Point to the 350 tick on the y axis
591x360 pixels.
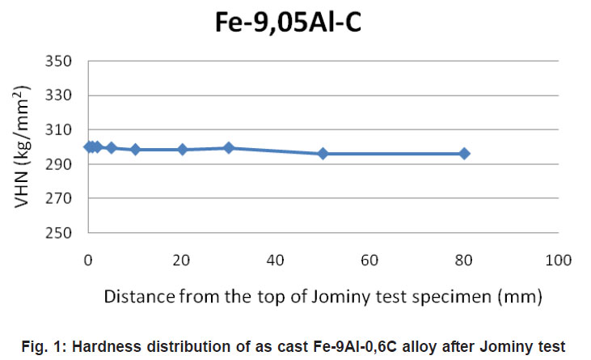click(x=61, y=61)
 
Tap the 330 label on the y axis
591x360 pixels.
click(x=61, y=95)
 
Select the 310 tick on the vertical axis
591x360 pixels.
click(x=61, y=130)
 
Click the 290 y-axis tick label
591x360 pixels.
click(x=61, y=164)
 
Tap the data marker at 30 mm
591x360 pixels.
click(x=229, y=148)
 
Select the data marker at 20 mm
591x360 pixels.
click(x=182, y=150)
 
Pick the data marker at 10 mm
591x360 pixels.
click(x=135, y=150)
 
